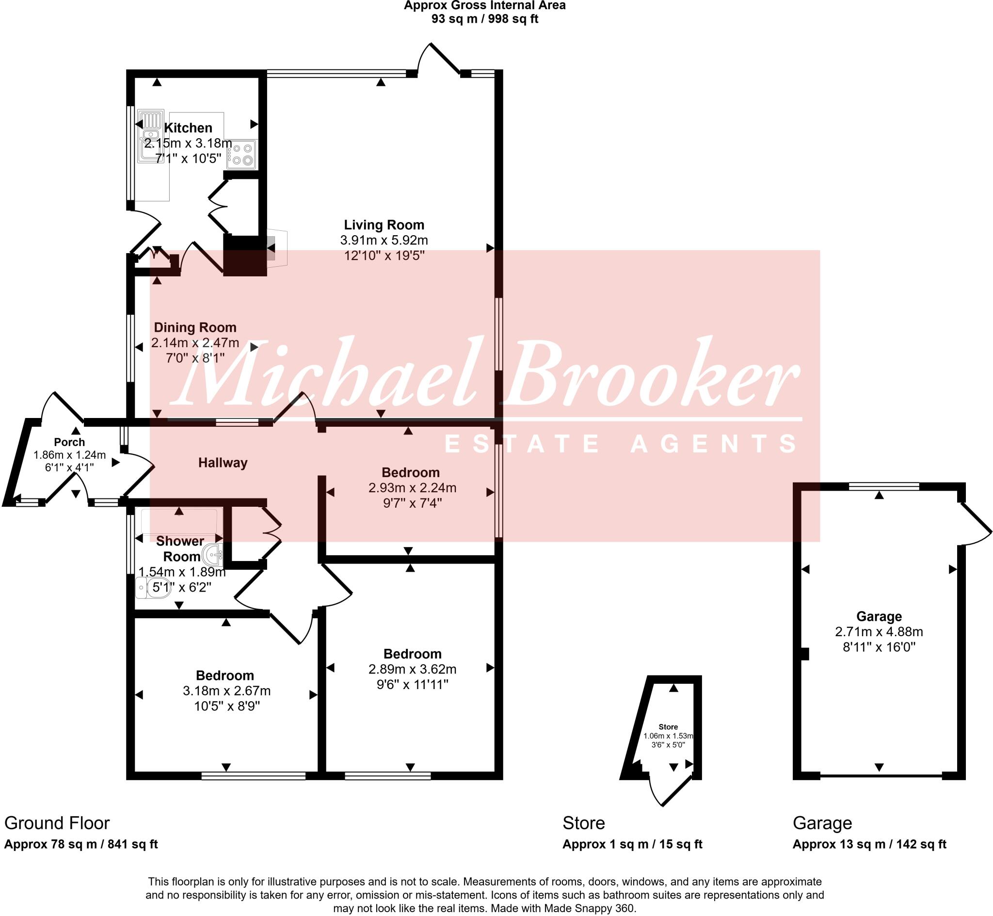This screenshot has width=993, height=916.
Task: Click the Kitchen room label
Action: (188, 128)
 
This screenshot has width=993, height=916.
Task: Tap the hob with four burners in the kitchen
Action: (242, 154)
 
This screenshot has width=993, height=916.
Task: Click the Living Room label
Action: (384, 225)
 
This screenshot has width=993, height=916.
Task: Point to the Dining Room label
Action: (195, 327)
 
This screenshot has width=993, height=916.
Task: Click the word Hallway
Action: (223, 463)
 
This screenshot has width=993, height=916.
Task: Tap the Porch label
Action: (69, 442)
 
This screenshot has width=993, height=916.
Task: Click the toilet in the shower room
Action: (153, 588)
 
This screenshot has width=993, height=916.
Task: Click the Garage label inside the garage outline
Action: (879, 616)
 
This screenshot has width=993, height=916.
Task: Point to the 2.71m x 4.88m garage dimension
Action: (879, 631)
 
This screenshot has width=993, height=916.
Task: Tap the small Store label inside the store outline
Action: (668, 727)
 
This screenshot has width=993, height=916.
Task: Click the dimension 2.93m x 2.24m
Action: (412, 488)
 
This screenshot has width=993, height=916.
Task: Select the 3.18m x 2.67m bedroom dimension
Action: (226, 691)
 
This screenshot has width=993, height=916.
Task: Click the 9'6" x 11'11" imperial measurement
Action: (412, 685)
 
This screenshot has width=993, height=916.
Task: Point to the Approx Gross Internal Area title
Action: (484, 6)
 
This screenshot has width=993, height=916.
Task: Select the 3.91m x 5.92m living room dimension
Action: (384, 241)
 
